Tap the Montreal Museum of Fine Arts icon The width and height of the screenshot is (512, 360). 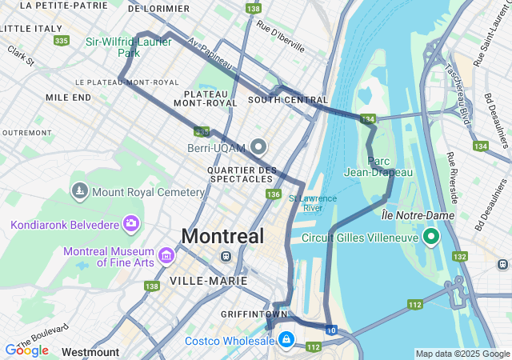click(x=166, y=255)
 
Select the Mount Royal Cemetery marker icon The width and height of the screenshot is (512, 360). click(x=79, y=191)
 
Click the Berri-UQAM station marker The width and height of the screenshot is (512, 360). click(x=258, y=146)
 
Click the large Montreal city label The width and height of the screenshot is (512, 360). click(x=222, y=236)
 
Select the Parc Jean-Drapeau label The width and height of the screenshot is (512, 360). click(x=378, y=166)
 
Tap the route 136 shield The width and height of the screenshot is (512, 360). click(x=274, y=194)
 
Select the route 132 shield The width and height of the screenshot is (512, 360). click(x=460, y=256)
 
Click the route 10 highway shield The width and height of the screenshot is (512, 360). click(x=331, y=329)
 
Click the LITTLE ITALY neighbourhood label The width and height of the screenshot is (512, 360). click(x=32, y=28)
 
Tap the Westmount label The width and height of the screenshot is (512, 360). click(x=90, y=352)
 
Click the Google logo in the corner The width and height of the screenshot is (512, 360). click(x=26, y=350)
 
